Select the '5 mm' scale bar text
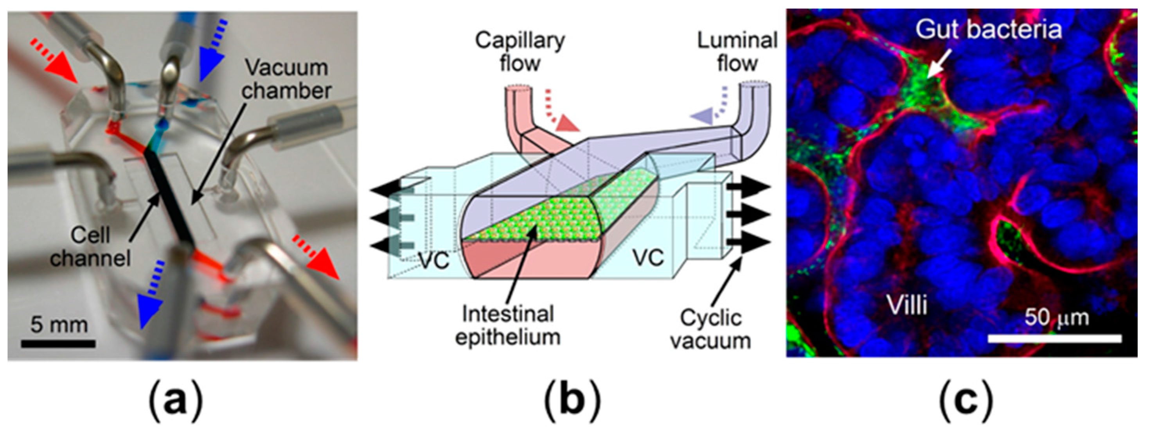(59, 325)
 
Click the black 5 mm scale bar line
(58, 344)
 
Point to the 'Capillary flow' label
(520, 52)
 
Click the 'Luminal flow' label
(737, 52)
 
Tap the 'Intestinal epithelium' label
(507, 325)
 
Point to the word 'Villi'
(907, 306)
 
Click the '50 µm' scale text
(1056, 318)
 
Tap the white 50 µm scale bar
(1054, 339)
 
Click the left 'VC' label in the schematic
(435, 259)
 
